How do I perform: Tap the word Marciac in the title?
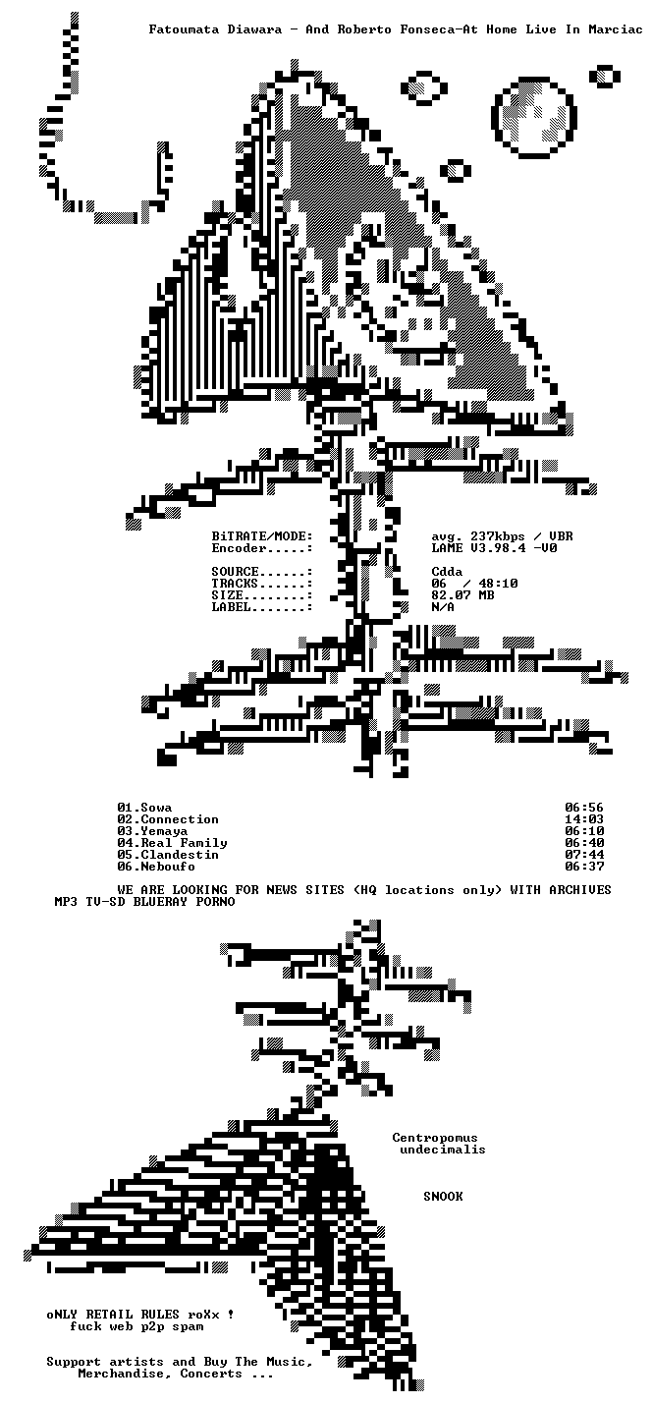tap(615, 29)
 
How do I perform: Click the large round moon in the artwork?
tap(534, 117)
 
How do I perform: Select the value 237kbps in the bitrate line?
tap(498, 536)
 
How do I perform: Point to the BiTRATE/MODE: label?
tap(262, 536)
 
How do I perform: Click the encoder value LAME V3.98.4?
tap(478, 548)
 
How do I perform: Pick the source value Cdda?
tap(447, 571)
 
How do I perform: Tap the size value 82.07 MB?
tap(462, 595)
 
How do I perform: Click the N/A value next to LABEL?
tap(443, 607)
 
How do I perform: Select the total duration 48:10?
tap(498, 584)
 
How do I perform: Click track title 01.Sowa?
tap(144, 808)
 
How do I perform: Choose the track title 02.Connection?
tap(168, 819)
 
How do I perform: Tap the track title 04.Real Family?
tap(172, 843)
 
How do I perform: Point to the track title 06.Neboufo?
tap(156, 867)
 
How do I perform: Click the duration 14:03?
tap(584, 819)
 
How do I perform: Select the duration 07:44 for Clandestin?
tap(584, 855)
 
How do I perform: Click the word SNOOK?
tap(443, 1197)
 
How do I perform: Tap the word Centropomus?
tap(435, 1138)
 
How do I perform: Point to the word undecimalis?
tap(443, 1150)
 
